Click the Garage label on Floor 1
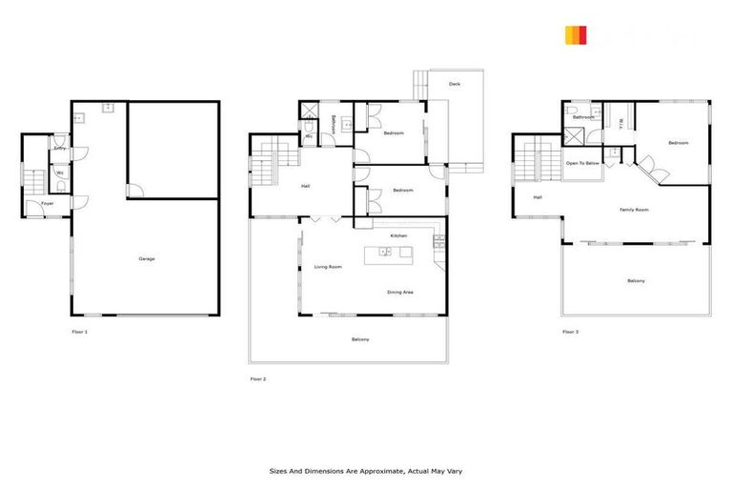147,258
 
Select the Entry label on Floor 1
59,149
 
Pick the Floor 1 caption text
79,332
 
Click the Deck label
457,84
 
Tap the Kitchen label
398,235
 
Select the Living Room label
328,267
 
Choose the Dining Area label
399,293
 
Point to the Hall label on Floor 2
305,186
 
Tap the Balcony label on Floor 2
360,340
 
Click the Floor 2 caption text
258,378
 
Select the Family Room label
634,210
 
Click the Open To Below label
582,163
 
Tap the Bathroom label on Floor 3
583,117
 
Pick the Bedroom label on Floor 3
678,143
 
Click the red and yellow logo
576,36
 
